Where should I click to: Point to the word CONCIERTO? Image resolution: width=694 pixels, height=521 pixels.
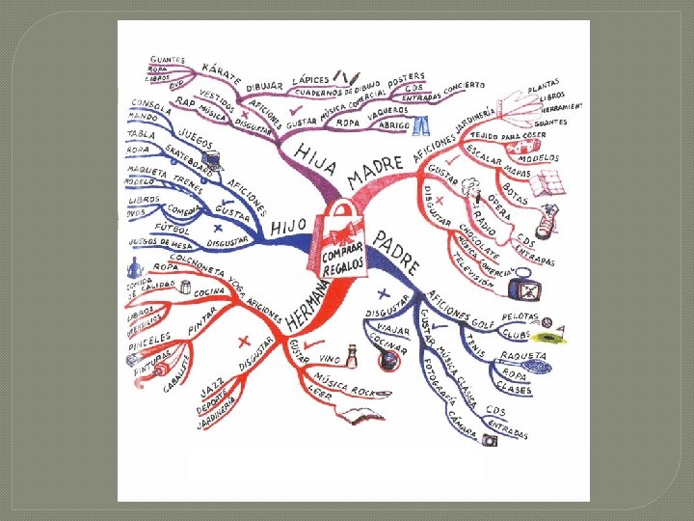pos(466,88)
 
